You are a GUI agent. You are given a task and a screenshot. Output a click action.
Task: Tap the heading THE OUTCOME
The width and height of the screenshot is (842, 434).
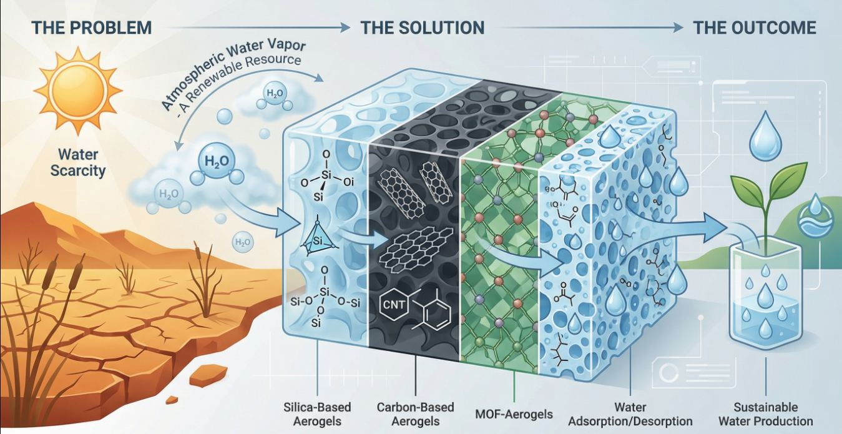coord(754,28)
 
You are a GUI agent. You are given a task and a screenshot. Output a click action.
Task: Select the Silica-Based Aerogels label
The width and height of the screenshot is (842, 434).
coord(317,414)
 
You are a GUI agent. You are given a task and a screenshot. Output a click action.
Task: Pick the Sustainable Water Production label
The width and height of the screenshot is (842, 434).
coord(765,414)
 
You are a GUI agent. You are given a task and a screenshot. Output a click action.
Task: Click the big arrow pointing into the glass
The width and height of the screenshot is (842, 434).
coord(699,227)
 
